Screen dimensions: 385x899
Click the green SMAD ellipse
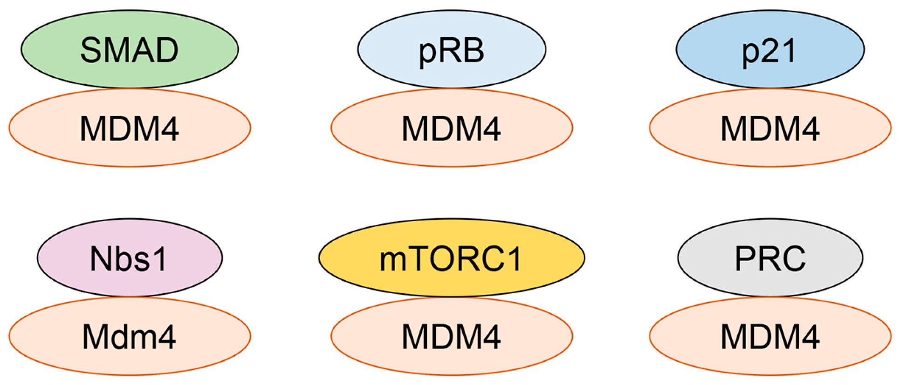point(130,49)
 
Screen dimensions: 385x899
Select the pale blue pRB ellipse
point(452,49)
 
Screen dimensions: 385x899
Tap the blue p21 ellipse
point(770,49)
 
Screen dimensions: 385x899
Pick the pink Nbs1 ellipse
point(130,257)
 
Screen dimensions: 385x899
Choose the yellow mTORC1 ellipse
point(452,257)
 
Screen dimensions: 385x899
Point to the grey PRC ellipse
point(770,257)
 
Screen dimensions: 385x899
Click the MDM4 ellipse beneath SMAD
point(130,128)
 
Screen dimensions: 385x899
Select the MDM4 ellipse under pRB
point(452,128)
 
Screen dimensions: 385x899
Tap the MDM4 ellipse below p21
point(770,128)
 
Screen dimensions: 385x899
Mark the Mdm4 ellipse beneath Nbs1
point(130,336)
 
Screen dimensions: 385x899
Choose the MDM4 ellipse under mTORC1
point(452,336)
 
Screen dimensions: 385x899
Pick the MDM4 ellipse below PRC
point(770,336)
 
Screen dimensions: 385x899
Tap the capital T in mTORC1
point(417,259)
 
